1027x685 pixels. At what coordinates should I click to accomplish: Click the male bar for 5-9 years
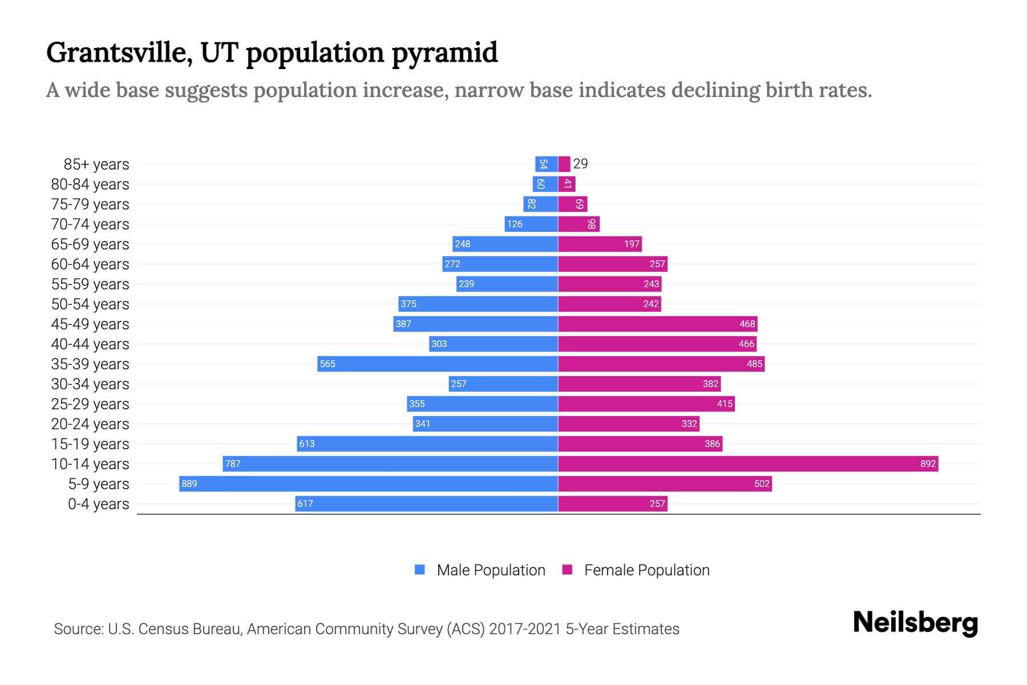tap(368, 484)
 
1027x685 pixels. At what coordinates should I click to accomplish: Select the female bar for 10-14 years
tap(747, 464)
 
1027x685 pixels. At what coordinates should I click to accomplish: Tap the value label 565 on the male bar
tap(327, 364)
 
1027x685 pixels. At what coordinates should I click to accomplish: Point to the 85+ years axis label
tap(96, 164)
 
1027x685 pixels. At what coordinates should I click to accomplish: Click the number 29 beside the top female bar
tap(580, 164)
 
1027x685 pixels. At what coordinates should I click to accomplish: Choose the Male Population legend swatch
tap(420, 570)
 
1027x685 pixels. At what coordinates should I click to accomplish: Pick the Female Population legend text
tap(646, 570)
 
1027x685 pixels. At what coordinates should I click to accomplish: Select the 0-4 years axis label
tap(98, 504)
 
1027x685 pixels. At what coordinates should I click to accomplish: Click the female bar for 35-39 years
tap(661, 364)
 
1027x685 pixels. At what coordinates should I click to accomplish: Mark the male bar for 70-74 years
tap(531, 224)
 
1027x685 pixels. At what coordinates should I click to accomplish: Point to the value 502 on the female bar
tap(762, 484)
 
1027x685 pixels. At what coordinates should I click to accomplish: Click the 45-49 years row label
tap(90, 324)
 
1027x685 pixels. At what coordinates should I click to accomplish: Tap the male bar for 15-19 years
tap(427, 444)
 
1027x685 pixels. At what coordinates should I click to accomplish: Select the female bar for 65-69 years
tap(600, 244)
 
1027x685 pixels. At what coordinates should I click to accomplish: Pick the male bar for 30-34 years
tap(503, 384)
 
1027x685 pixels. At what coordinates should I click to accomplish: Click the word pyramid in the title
tap(444, 53)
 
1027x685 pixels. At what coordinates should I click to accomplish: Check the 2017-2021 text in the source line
tap(525, 629)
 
